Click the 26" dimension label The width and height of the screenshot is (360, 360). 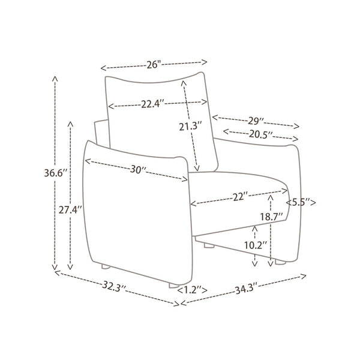[154, 65]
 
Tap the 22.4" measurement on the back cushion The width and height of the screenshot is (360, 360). [152, 104]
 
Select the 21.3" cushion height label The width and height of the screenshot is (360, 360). [190, 127]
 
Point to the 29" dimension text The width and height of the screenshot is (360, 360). [256, 121]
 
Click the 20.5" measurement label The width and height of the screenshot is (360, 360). [261, 134]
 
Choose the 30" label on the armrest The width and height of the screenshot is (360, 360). [138, 170]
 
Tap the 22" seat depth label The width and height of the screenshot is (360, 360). [241, 197]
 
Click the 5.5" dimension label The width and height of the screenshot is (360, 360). [301, 203]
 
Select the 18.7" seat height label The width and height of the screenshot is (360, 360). [271, 217]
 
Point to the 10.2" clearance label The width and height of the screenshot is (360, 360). [256, 245]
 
